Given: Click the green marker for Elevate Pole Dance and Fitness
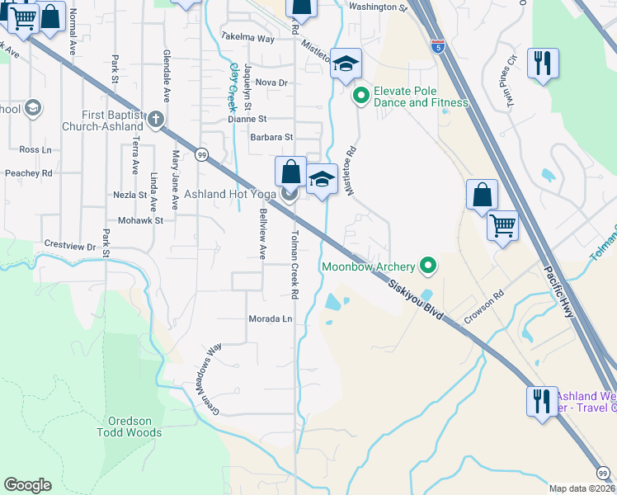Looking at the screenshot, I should point(360,97).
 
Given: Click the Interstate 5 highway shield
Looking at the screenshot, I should point(437,47).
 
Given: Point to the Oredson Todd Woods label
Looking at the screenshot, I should point(129,426).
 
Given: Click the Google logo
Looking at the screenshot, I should point(27,485).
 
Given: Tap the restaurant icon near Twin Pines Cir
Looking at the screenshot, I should point(543,63).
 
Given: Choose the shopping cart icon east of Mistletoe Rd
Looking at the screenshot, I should point(502,224).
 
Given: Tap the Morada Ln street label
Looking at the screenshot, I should point(270,318).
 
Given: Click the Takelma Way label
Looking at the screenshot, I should point(247,38).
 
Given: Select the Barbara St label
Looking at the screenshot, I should point(271,137).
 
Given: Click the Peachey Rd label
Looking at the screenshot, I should point(29,173).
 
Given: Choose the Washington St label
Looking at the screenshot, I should point(379,7).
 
